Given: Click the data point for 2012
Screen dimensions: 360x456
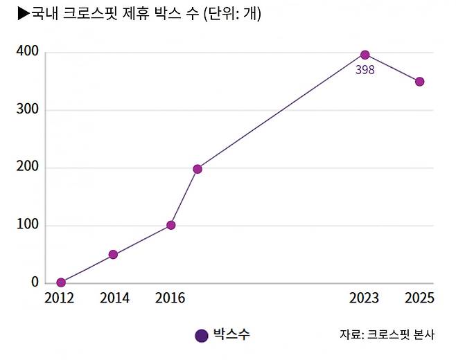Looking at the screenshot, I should [61, 282].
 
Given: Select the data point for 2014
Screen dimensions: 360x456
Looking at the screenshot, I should [113, 255].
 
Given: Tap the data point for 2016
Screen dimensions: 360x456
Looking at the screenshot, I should [171, 225].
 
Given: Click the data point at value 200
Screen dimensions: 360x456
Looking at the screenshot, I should [198, 169].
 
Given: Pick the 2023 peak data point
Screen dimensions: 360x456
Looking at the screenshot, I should [365, 55].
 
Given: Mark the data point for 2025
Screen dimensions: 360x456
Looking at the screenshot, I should [419, 82].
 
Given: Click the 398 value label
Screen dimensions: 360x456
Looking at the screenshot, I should [365, 70].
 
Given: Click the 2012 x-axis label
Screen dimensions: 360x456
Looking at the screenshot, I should [61, 298].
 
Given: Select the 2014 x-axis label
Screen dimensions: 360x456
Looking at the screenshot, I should [114, 298].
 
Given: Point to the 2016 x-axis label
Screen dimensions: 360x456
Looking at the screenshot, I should [170, 298].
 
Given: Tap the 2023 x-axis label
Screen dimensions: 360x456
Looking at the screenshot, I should [365, 298].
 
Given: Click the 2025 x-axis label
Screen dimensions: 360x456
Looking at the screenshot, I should [419, 298].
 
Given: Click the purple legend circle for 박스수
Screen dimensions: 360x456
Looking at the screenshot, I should [202, 336].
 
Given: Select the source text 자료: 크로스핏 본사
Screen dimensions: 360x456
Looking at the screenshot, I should [387, 335].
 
